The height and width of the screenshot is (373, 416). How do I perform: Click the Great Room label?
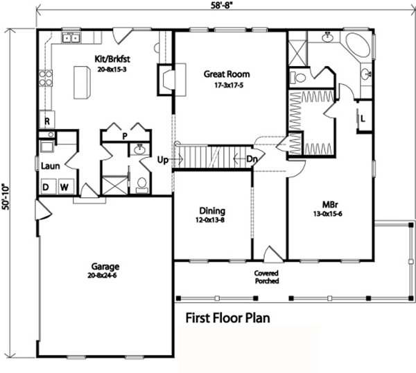[227, 74]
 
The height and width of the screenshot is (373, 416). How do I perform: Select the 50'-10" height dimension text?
[6, 197]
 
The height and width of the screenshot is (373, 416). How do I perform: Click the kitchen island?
[82, 83]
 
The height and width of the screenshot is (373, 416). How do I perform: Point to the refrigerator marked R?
[47, 120]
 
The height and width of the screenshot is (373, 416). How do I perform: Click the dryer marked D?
[49, 187]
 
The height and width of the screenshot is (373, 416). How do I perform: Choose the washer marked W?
[66, 187]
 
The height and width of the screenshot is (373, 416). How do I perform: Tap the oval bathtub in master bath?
[358, 44]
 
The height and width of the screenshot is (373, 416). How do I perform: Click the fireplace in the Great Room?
[166, 79]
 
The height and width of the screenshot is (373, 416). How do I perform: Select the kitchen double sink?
[71, 38]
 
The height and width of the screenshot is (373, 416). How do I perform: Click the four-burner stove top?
[46, 78]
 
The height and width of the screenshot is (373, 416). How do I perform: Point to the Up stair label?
[163, 160]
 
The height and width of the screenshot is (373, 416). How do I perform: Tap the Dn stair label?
[252, 159]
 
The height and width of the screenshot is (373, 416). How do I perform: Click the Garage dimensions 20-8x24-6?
[102, 276]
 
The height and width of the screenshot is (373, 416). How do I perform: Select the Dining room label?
[212, 211]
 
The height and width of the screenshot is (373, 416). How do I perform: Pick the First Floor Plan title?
[227, 318]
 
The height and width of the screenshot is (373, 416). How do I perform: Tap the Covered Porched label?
[267, 277]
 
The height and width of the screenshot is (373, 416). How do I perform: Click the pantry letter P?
[125, 136]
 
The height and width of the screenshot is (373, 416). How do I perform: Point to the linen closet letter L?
[363, 119]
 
